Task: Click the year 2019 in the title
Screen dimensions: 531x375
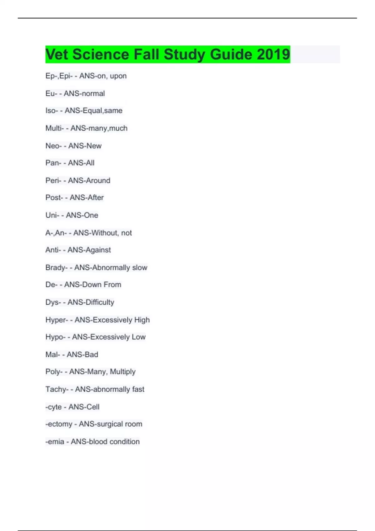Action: [x=273, y=54]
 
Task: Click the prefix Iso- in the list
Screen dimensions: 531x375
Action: [x=52, y=111]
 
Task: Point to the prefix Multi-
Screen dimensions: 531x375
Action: [x=55, y=128]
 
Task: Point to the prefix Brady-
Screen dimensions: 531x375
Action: [x=57, y=268]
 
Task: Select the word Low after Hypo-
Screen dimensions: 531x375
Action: [x=138, y=337]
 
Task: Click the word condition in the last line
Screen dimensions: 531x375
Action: [x=124, y=442]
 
